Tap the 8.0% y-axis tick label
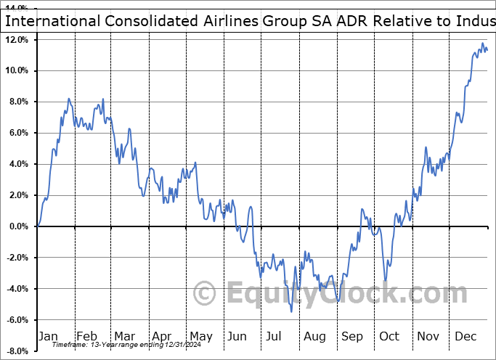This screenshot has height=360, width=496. pos(18,102)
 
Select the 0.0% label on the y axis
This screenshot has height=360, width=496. pos(18,226)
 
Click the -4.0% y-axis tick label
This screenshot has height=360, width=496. pos(17,289)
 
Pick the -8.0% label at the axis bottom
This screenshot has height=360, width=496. pos(17,351)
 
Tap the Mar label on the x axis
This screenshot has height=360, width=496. pos(124,336)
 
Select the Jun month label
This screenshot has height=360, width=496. pos(237,336)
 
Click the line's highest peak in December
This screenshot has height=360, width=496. pos(482,44)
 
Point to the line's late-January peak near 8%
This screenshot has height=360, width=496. pos(69,99)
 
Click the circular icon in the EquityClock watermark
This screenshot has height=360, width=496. pos(205,294)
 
